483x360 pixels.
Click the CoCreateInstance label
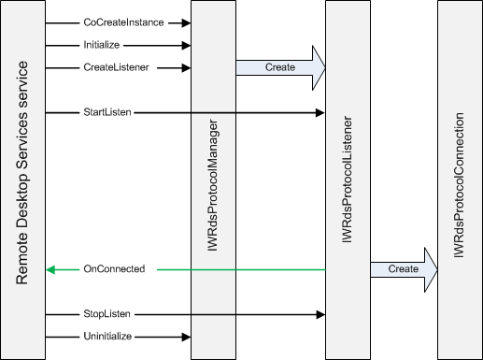tap(123, 22)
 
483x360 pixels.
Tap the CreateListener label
tap(117, 67)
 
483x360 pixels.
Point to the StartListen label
tap(107, 112)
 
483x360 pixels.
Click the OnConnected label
tap(114, 269)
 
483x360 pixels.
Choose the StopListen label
tap(107, 314)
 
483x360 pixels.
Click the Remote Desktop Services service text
tap(23, 174)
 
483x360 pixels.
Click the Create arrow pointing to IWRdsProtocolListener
tap(280, 67)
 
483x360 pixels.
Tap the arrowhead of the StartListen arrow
tap(320, 112)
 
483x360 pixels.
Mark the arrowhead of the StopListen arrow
tap(320, 314)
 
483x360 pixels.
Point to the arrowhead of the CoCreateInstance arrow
tap(187, 22)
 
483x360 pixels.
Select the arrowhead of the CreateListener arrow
tap(187, 67)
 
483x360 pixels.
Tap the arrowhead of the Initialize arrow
tap(187, 45)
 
